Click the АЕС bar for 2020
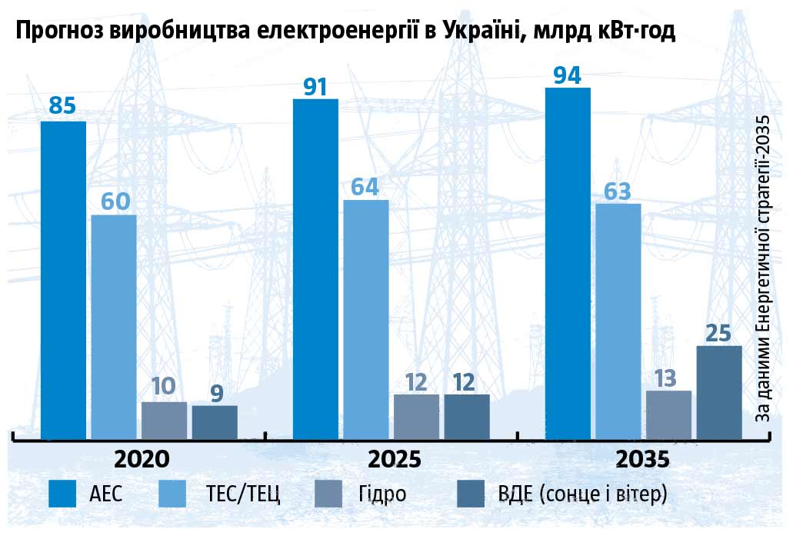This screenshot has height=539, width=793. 63,281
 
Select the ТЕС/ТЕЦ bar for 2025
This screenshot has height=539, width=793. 365,320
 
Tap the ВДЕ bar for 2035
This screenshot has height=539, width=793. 719,393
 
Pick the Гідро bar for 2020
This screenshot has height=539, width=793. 164,421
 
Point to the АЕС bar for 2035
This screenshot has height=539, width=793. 568,264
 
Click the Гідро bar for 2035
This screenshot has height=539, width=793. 668,415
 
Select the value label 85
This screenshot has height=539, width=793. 62,105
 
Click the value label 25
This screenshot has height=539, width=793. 719,332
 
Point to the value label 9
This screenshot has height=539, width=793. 215,394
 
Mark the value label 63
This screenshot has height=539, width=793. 618,190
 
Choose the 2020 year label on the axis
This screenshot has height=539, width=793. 142,459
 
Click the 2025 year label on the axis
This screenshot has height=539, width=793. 395,459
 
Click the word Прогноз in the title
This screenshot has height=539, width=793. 58,32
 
